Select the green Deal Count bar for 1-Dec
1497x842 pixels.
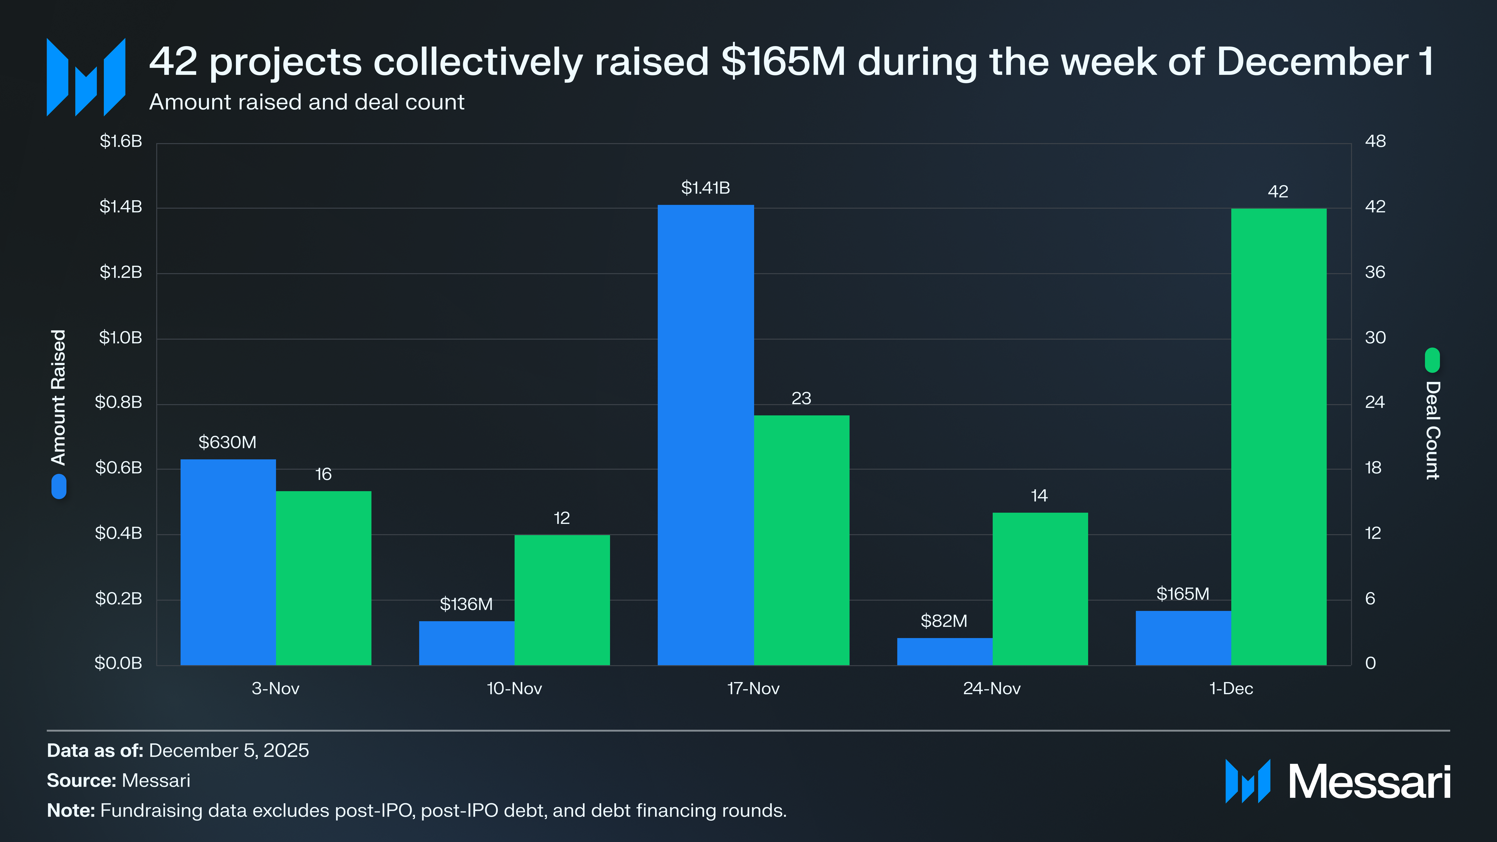coord(1279,436)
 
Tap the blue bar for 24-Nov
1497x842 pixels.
coord(944,651)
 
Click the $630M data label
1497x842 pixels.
coord(227,442)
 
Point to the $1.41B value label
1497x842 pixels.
coord(705,188)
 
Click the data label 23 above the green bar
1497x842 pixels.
coord(801,399)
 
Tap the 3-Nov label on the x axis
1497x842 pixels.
coord(276,689)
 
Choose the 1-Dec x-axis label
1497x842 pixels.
coord(1231,689)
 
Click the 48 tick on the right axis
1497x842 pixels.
coord(1375,141)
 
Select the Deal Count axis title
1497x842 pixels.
coord(1432,430)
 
